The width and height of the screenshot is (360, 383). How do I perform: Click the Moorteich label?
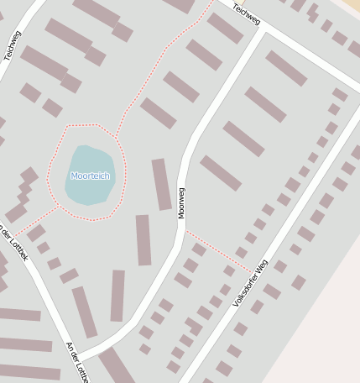pos(89,176)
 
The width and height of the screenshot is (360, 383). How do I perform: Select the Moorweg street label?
pos(180,202)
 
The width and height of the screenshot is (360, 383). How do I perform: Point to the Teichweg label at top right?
pos(248,13)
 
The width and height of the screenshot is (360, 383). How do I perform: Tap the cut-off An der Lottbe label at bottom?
pos(76,361)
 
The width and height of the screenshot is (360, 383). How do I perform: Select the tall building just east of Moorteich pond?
pos(161,184)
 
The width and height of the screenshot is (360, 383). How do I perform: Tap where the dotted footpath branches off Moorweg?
pos(185,229)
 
